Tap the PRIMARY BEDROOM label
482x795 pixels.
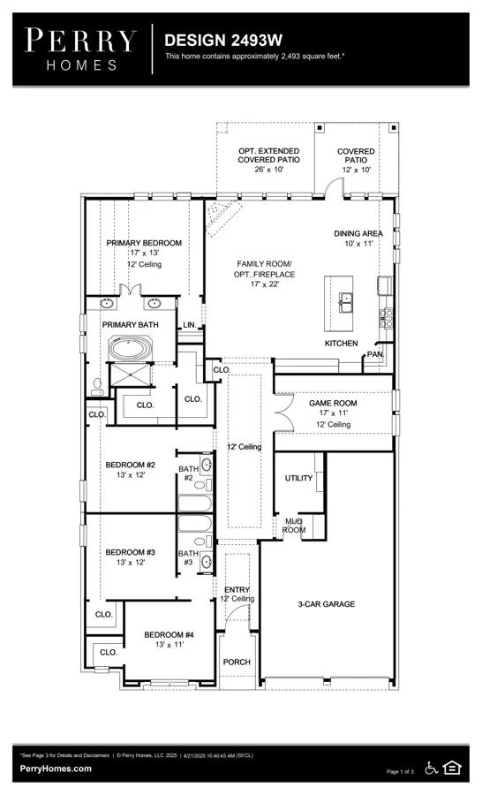144,243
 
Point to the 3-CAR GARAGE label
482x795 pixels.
326,604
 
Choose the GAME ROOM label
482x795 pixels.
332,403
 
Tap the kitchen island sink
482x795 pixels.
346,299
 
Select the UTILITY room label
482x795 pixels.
298,478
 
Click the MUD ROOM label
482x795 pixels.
294,526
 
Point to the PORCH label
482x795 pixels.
237,662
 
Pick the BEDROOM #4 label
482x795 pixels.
169,635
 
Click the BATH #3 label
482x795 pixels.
188,557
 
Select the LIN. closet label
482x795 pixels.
189,325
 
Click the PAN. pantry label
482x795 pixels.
375,354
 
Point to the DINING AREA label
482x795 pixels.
358,233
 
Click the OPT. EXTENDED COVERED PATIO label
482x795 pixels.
268,160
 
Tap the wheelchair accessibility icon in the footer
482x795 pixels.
433,768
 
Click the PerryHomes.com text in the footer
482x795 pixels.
56,768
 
